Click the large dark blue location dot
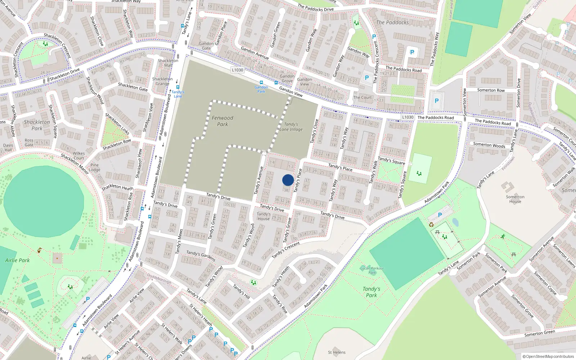click(288, 180)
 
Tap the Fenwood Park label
click(222, 121)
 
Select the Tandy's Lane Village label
click(291, 127)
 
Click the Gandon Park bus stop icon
click(261, 82)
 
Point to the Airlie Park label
click(17, 260)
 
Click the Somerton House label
click(515, 199)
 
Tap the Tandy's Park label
click(372, 292)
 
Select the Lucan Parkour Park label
click(372, 270)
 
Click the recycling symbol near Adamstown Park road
click(431, 225)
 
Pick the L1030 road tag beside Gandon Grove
click(238, 70)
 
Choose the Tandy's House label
click(264, 216)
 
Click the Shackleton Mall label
click(168, 63)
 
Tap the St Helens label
click(337, 352)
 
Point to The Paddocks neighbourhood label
click(392, 22)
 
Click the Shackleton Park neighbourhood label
click(37, 125)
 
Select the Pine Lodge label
click(95, 167)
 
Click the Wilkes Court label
click(78, 156)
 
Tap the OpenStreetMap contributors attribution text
click(548, 356)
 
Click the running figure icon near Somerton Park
click(503, 237)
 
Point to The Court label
click(362, 97)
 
